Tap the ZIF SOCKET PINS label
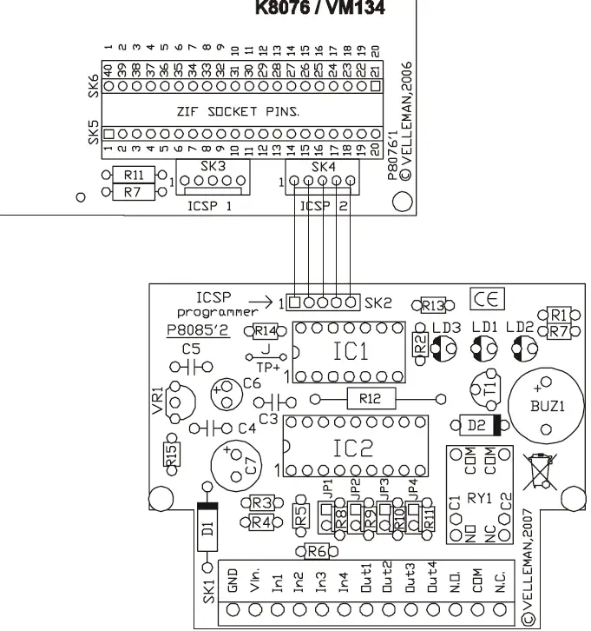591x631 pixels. click(x=240, y=111)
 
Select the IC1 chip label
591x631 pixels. click(x=351, y=351)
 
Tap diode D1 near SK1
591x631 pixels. click(x=207, y=528)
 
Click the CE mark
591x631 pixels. click(x=486, y=299)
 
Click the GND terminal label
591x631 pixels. click(x=233, y=580)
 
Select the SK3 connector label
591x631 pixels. click(x=213, y=166)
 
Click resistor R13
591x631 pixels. click(x=431, y=305)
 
